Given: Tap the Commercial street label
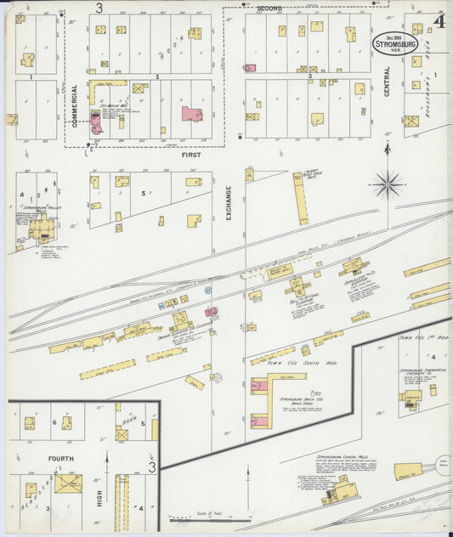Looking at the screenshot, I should [74, 105].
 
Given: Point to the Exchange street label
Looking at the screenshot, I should [229, 203].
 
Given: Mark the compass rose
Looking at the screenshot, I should [388, 183].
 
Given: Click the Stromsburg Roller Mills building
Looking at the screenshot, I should [40, 227].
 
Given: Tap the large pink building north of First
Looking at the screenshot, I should [192, 114].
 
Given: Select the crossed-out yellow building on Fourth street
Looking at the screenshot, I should [68, 483].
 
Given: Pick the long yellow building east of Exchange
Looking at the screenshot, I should [300, 197].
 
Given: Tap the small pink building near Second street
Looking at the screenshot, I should [251, 67].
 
